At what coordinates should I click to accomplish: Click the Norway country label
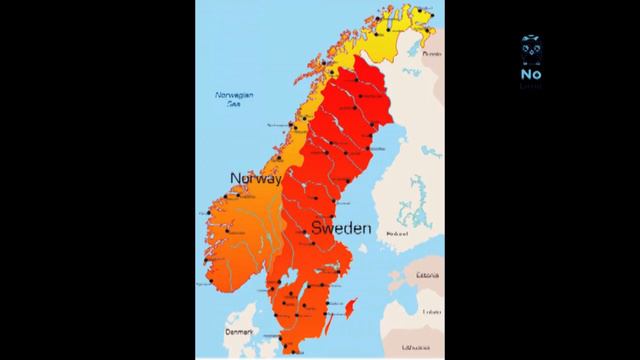pos(256,178)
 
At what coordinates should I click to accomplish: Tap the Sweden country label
pos(342,229)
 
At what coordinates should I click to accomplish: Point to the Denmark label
pos(241,331)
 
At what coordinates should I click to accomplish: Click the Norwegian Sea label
pos(235,98)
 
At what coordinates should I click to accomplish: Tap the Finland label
pos(397,234)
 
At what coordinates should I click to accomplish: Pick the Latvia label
pos(431,311)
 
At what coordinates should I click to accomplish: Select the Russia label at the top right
pos(431,54)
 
